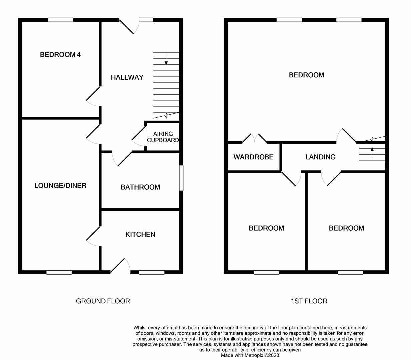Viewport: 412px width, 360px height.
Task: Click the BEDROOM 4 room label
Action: click(x=60, y=55)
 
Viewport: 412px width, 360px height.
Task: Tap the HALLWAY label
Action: click(x=127, y=77)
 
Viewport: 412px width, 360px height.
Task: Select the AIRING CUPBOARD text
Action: click(x=163, y=137)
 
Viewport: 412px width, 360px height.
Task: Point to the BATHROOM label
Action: click(x=140, y=187)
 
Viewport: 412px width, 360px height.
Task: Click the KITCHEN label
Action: click(x=140, y=235)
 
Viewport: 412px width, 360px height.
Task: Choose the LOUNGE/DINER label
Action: click(x=60, y=186)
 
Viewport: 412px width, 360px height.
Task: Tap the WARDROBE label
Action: click(x=253, y=157)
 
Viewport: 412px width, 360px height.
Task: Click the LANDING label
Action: click(x=320, y=157)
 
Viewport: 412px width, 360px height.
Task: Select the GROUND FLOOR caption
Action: click(x=103, y=301)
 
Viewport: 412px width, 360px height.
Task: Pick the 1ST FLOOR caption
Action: click(x=309, y=301)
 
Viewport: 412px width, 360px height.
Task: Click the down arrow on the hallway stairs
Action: click(x=166, y=60)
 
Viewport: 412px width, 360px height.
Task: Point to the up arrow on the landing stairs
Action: click(x=372, y=152)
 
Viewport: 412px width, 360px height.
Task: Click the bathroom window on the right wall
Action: click(x=181, y=178)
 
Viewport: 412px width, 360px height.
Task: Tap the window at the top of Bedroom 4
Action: click(x=60, y=20)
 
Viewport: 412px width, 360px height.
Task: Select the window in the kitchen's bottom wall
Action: click(x=152, y=272)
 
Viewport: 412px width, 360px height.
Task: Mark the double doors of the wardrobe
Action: click(x=254, y=138)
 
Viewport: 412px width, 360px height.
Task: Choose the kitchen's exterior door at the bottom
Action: click(x=120, y=266)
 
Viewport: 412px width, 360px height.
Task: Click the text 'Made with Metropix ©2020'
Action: click(x=250, y=355)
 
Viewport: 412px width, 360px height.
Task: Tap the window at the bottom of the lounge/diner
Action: click(x=59, y=272)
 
